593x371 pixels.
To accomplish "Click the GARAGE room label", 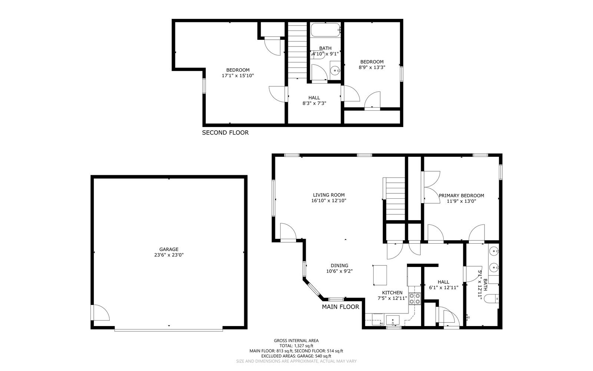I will [x=169, y=249].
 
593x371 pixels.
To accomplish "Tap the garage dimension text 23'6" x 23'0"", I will [x=169, y=255].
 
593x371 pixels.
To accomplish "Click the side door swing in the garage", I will [x=100, y=313].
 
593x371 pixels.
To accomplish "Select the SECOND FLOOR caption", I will [x=225, y=133].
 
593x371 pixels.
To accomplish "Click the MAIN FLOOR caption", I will [x=340, y=307].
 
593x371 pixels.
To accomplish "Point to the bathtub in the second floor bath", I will [x=325, y=30].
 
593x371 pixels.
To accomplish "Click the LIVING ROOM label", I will [x=329, y=195].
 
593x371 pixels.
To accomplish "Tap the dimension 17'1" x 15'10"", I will [x=238, y=76].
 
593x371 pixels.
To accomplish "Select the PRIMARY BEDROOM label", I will [x=461, y=196].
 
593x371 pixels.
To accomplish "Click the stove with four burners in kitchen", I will [x=415, y=299].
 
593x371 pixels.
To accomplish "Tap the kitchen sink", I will [x=392, y=320].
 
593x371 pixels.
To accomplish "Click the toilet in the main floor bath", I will [x=492, y=298].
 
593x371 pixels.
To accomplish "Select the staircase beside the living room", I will [x=396, y=199].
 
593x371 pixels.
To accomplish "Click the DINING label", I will [x=339, y=266].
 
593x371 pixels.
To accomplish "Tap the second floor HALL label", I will [x=314, y=98].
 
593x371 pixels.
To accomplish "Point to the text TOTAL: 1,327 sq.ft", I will [x=296, y=346].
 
